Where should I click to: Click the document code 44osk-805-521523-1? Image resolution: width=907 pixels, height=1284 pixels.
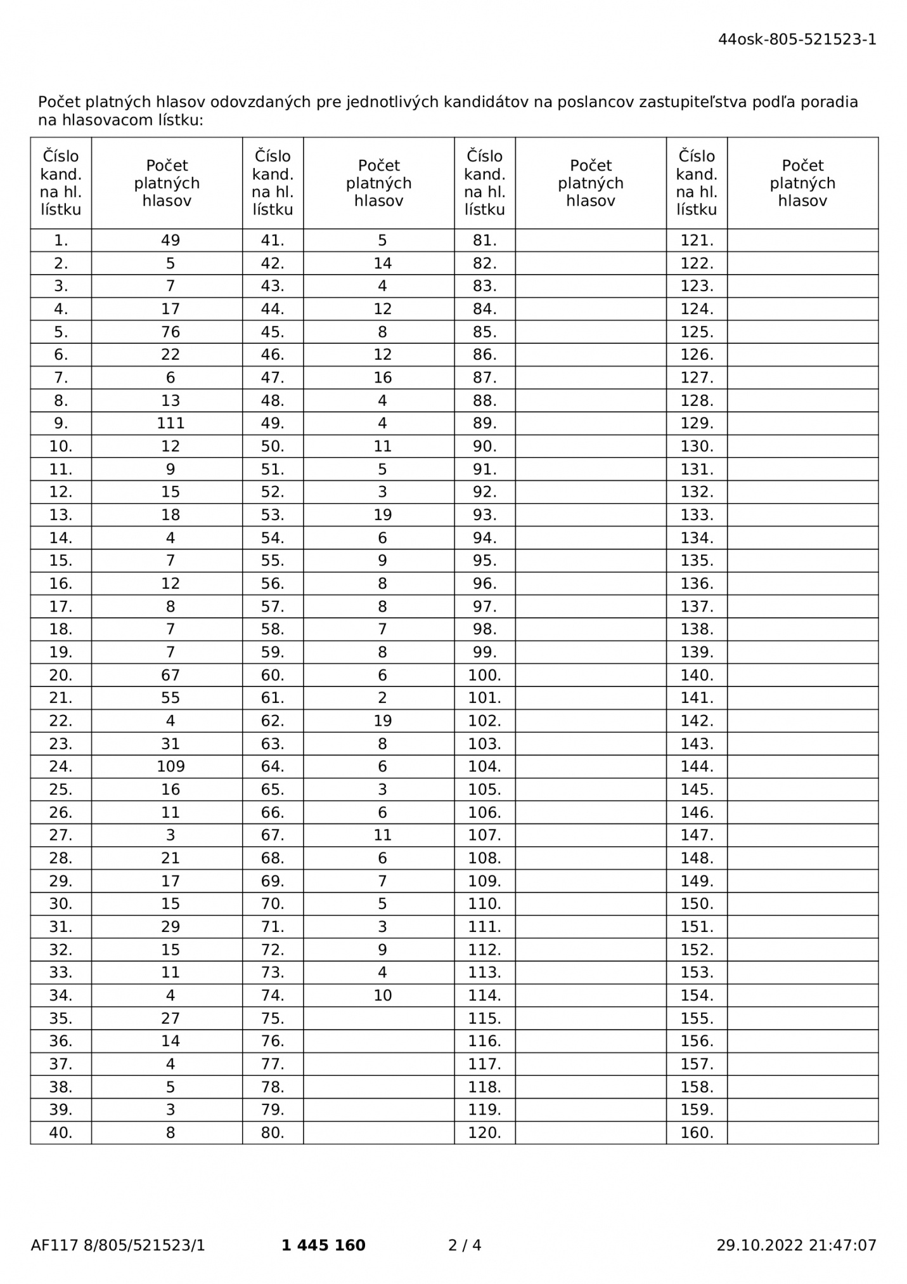[797, 39]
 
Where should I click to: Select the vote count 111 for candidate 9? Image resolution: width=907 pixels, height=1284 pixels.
[170, 423]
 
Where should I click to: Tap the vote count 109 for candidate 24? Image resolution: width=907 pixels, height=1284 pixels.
[170, 766]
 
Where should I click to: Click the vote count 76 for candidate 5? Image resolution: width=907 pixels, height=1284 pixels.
[170, 332]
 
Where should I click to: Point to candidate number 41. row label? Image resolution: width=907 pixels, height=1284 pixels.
[273, 240]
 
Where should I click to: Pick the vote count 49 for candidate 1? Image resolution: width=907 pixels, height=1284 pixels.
[170, 240]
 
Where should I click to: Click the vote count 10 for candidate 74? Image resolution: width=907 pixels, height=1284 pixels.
[382, 995]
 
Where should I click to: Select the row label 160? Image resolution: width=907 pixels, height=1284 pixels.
[697, 1132]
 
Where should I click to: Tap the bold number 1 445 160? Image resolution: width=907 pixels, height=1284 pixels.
[323, 1245]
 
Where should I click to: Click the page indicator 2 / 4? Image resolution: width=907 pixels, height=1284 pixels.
[465, 1245]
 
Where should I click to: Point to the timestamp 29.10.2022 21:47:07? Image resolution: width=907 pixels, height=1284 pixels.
[796, 1245]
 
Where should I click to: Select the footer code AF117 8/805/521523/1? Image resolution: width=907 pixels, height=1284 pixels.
[118, 1245]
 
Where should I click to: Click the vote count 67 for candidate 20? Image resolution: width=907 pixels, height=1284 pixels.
[170, 675]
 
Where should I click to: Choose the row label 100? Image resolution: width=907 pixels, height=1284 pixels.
[484, 675]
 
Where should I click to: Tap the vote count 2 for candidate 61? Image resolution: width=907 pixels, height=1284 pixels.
[382, 698]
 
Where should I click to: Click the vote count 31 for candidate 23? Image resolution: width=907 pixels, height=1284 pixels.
[170, 744]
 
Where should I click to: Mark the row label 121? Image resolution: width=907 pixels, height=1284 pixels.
[697, 240]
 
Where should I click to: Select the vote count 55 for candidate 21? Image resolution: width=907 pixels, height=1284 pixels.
[170, 698]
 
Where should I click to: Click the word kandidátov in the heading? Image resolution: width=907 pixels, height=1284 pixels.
[487, 102]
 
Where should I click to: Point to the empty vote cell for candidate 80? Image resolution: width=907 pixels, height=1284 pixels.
[378, 1132]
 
